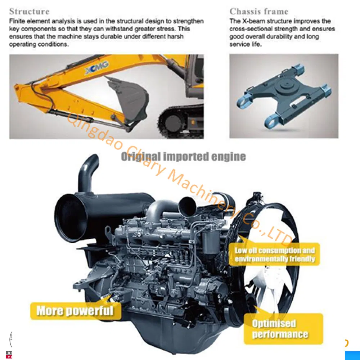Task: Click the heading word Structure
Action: click(x=29, y=11)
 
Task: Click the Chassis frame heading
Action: click(x=258, y=11)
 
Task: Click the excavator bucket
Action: click(x=128, y=97)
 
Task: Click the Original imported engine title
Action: click(x=183, y=157)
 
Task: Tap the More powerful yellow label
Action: click(x=75, y=310)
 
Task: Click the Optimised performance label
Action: click(x=280, y=329)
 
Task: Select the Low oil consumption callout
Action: click(x=275, y=255)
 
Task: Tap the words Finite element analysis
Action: click(x=35, y=21)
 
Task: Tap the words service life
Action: click(x=246, y=44)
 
